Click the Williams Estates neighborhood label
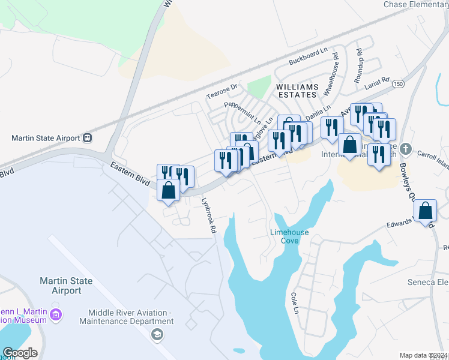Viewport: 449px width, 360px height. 297,91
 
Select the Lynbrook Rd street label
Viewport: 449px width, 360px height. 208,216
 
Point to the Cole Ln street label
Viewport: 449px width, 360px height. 294,303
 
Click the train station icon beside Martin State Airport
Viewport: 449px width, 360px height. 88,137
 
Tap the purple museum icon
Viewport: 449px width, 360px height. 56,314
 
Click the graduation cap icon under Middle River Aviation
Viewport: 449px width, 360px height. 157,334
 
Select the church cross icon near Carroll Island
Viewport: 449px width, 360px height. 406,148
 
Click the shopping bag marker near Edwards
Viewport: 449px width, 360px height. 426,211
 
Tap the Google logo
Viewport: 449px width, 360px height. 20,353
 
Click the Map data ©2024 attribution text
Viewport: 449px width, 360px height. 423,355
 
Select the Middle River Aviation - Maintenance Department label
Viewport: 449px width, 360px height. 130,317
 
